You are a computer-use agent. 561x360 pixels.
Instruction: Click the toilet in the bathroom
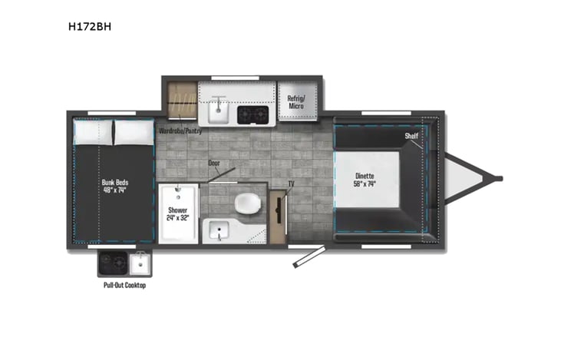point(247,203)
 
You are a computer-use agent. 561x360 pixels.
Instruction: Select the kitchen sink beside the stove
point(216,111)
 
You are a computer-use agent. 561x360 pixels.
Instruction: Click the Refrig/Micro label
point(298,101)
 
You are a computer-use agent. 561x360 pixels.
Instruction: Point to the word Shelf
point(411,136)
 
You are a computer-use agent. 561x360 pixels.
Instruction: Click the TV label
point(291,184)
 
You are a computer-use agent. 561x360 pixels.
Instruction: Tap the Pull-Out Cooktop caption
point(124,285)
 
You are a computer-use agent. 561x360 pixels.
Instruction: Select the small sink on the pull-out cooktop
point(139,265)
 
